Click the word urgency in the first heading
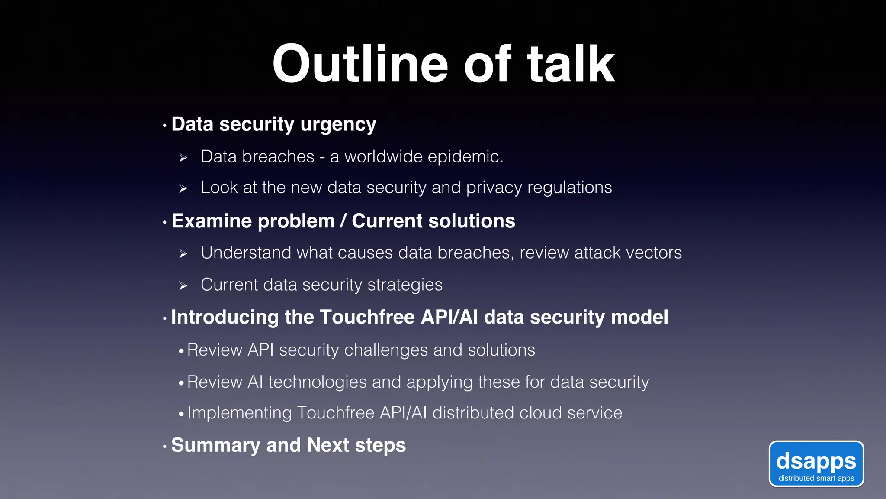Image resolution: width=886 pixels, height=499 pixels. (338, 125)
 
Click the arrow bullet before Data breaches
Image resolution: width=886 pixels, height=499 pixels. (183, 158)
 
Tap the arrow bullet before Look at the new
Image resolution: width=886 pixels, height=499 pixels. (183, 188)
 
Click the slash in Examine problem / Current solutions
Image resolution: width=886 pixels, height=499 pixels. (343, 221)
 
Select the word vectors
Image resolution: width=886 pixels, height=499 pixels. (654, 253)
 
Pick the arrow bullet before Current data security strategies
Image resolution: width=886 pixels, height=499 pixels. (183, 286)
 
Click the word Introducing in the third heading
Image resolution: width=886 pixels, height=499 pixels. (225, 317)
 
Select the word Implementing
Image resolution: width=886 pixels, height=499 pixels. (240, 413)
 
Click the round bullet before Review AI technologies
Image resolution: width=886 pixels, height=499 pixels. (181, 383)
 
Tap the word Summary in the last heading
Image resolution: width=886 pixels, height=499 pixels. (215, 445)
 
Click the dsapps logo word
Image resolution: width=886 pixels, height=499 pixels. (816, 461)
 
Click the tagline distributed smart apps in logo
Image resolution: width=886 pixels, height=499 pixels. (816, 478)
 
